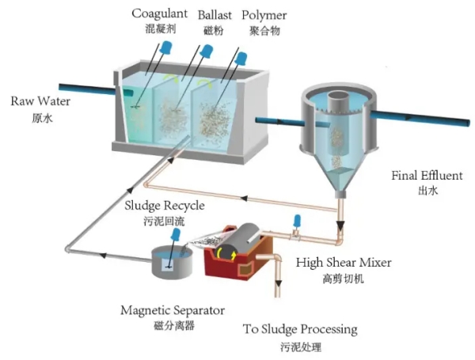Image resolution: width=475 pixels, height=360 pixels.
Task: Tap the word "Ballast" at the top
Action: pos(214,13)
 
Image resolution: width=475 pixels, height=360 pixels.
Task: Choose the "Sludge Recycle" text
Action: pos(165,206)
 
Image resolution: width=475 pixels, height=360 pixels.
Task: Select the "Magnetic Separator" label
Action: pos(173,310)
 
